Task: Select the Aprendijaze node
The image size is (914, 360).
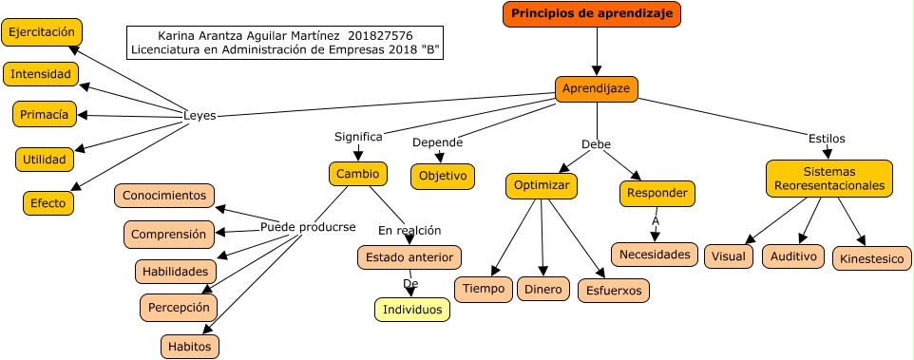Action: pyautogui.click(x=596, y=88)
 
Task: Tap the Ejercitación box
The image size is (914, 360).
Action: pyautogui.click(x=40, y=32)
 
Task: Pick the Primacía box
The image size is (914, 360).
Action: pyautogui.click(x=44, y=114)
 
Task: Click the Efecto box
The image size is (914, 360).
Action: pyautogui.click(x=48, y=202)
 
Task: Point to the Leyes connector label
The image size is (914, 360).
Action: pyautogui.click(x=200, y=116)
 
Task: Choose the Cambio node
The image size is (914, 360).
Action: pyautogui.click(x=358, y=174)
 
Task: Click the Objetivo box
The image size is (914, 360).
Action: pyautogui.click(x=443, y=177)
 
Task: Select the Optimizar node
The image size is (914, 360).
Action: pyautogui.click(x=542, y=185)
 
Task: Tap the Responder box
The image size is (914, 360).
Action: pyautogui.click(x=657, y=194)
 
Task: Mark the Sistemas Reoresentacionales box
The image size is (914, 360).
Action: pyautogui.click(x=829, y=178)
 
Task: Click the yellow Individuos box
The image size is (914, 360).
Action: pyautogui.click(x=411, y=310)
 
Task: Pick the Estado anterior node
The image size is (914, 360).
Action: pyautogui.click(x=409, y=256)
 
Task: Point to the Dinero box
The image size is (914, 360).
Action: pyautogui.click(x=543, y=289)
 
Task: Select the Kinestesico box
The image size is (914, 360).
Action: pyautogui.click(x=873, y=257)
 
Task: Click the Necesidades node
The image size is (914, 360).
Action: pyautogui.click(x=655, y=255)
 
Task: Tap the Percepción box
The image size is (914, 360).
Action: pyautogui.click(x=179, y=308)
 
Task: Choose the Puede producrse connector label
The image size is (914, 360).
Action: pyautogui.click(x=308, y=227)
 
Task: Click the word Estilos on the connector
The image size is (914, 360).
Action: pyautogui.click(x=827, y=138)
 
